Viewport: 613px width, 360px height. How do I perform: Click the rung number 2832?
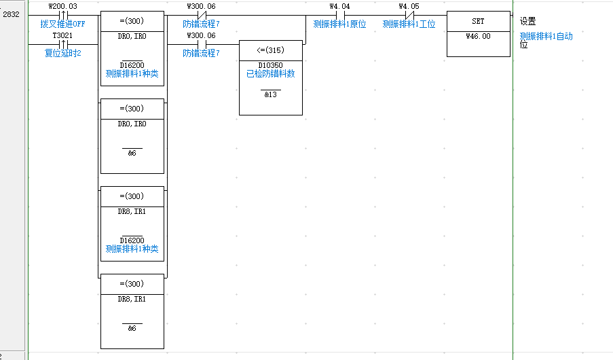click(12, 14)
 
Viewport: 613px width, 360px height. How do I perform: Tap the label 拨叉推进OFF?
click(63, 24)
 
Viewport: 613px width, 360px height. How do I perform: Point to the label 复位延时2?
click(63, 54)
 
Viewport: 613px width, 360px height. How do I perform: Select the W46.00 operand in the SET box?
click(478, 36)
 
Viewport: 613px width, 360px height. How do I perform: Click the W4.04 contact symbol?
click(339, 15)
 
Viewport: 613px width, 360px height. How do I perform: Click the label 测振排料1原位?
click(339, 24)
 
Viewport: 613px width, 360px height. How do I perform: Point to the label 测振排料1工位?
click(409, 24)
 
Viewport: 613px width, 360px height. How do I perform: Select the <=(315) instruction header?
click(270, 50)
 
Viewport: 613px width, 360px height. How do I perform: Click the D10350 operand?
click(270, 65)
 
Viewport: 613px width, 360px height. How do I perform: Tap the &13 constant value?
click(270, 94)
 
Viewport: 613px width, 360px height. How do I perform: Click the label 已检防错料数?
click(270, 73)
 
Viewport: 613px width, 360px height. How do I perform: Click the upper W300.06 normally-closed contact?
click(201, 15)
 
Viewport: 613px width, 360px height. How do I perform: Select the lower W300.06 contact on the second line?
click(201, 44)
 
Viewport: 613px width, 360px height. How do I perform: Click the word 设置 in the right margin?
click(527, 22)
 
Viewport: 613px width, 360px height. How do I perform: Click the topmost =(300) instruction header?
click(132, 21)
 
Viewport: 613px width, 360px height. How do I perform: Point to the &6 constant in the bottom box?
click(132, 328)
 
